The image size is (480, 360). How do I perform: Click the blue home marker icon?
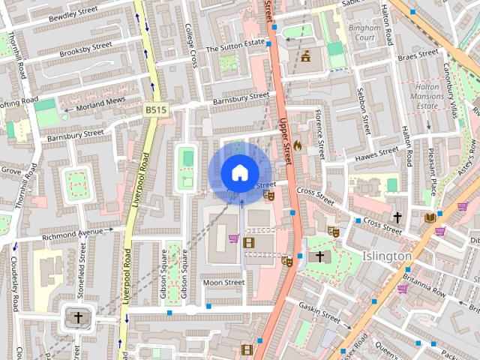coord(239,172)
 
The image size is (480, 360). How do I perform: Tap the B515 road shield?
coord(156,109)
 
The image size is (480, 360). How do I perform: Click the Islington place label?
coord(387,256)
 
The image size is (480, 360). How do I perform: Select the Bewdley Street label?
coord(73,13)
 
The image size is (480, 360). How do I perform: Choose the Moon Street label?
coord(223,283)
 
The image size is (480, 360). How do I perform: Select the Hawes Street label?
coord(376,153)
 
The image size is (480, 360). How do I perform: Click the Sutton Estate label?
coord(235,46)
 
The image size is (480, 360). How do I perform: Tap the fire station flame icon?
coord(297,145)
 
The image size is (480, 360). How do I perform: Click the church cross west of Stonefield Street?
coord(78,317)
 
